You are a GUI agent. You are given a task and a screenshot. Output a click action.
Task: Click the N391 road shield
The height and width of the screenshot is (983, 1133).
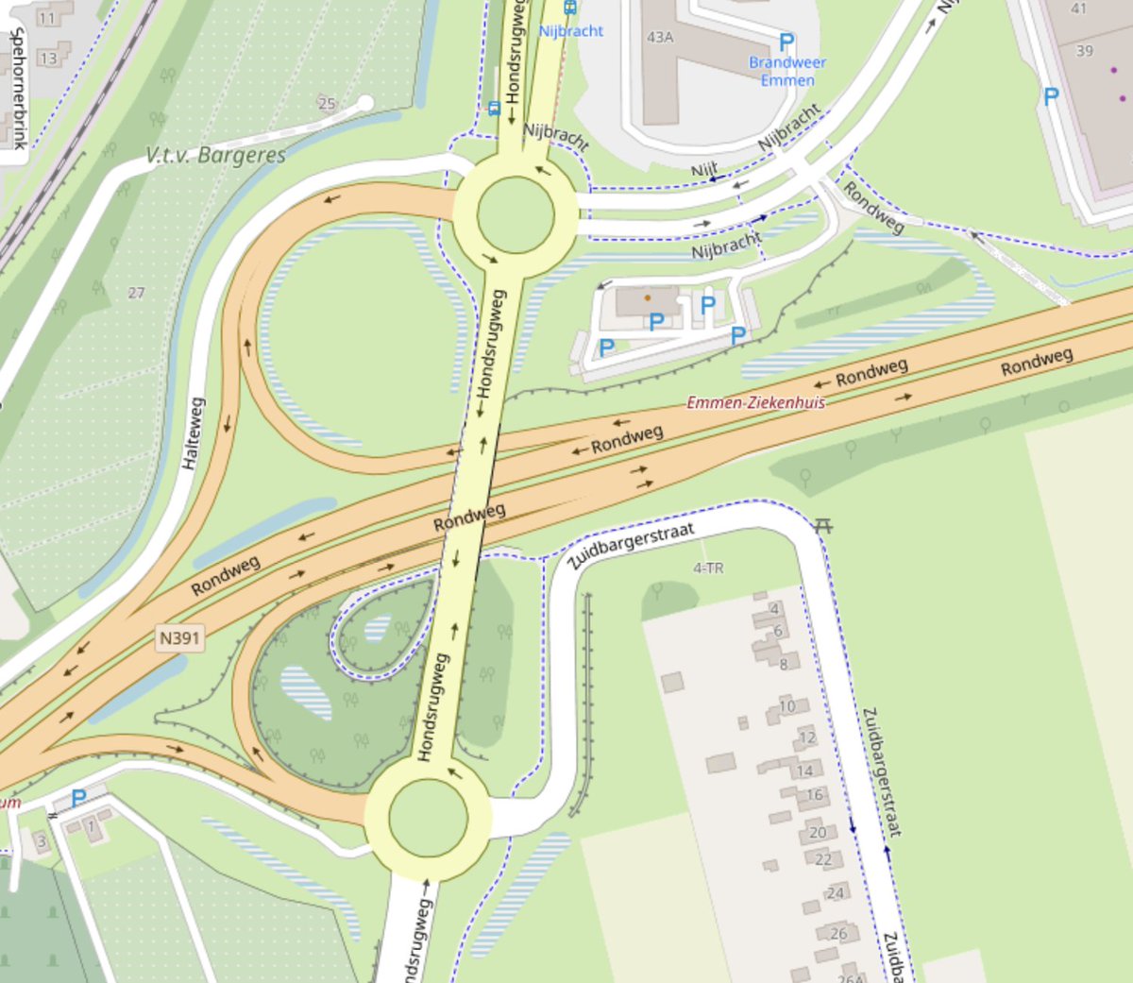click(179, 638)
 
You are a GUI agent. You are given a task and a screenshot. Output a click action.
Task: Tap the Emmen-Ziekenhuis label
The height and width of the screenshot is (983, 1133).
click(755, 403)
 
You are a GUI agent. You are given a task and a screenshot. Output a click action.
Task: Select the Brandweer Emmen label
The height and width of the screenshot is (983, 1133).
click(787, 71)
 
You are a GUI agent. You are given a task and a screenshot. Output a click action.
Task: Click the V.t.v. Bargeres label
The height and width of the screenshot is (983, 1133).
click(216, 156)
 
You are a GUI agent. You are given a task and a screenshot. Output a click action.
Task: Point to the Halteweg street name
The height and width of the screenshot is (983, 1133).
click(193, 433)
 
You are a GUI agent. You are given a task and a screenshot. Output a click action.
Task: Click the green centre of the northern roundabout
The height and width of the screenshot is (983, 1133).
click(515, 214)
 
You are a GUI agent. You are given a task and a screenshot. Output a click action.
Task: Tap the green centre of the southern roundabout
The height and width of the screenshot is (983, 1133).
click(428, 818)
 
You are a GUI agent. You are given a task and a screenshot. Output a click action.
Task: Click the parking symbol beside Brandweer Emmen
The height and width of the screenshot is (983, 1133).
click(786, 42)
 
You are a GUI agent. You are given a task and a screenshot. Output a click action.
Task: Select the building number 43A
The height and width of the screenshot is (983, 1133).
click(660, 38)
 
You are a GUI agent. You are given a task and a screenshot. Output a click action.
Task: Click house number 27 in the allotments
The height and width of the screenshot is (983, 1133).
click(137, 293)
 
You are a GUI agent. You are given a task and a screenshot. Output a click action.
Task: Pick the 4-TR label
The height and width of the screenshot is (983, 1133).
click(708, 568)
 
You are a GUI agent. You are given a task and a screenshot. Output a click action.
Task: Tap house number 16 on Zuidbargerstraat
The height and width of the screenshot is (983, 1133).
click(815, 795)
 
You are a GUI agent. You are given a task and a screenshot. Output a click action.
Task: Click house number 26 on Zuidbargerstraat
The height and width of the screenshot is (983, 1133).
click(838, 933)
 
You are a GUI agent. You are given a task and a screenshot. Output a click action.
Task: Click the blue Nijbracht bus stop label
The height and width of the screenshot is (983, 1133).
click(571, 31)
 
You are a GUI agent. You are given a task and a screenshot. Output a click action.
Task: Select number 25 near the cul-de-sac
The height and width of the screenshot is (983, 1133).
click(327, 104)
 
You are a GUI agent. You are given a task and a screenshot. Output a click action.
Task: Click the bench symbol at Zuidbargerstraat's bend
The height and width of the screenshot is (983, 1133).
click(823, 525)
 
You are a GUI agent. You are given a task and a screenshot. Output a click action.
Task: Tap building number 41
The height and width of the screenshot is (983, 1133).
click(1079, 9)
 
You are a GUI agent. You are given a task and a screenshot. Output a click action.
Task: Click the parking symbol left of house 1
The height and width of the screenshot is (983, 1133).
click(78, 799)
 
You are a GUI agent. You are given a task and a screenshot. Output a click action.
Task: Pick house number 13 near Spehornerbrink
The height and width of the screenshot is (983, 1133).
click(48, 59)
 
